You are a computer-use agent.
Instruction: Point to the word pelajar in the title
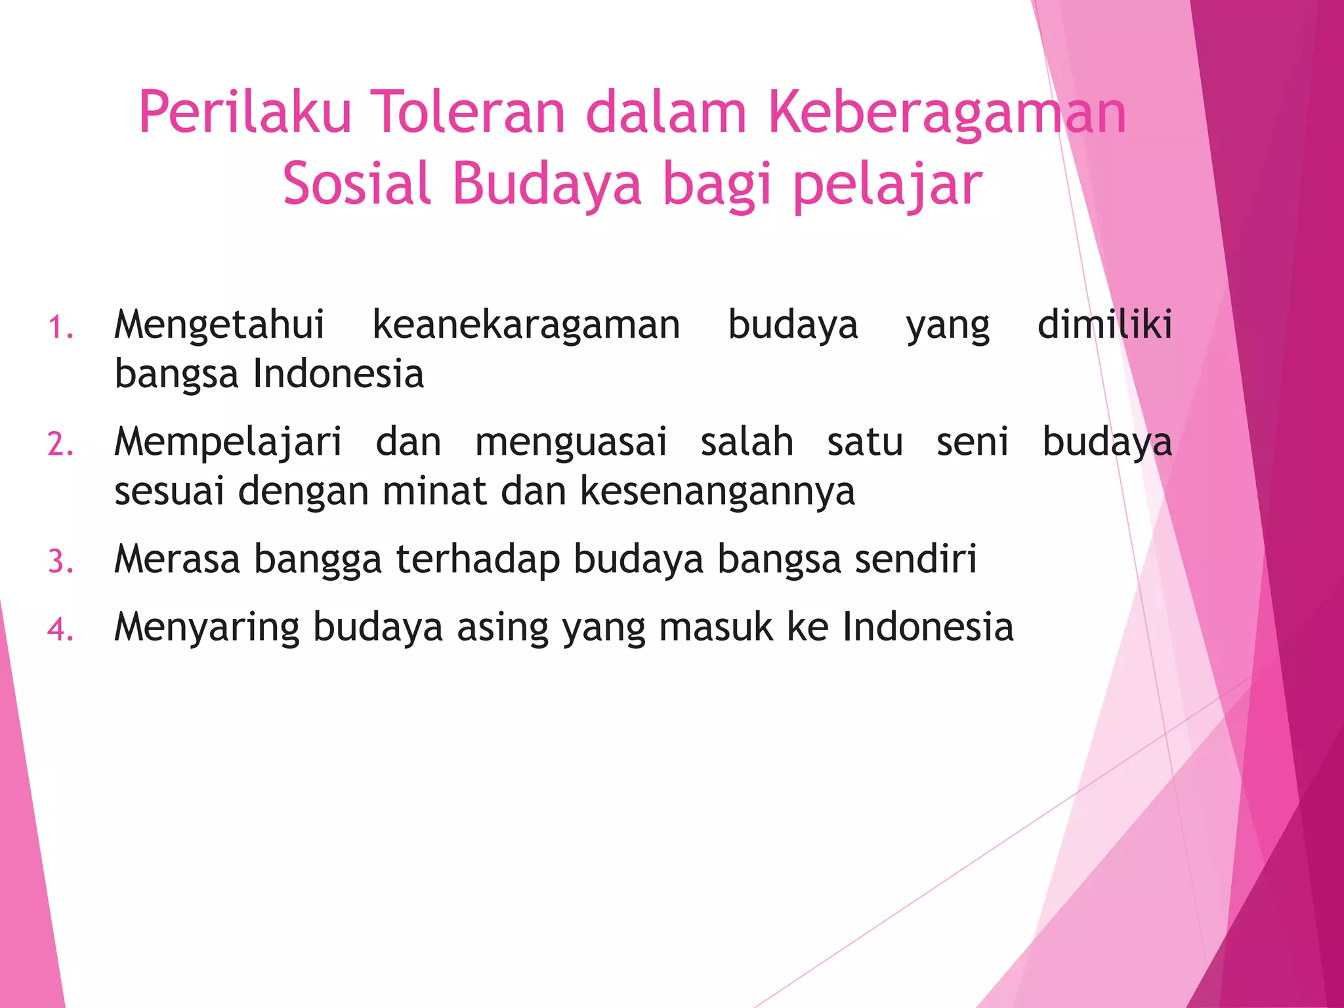coord(887,185)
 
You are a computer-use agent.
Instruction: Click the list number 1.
coord(60,327)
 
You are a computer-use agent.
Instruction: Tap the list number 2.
coord(60,444)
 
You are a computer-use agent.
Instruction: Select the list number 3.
coord(60,562)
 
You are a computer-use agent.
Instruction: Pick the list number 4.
coord(60,629)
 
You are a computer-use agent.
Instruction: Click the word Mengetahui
coord(219,325)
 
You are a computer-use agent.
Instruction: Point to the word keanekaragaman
coord(526,325)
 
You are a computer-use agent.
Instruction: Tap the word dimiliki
coord(1104,324)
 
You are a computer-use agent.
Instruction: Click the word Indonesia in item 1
coord(339,374)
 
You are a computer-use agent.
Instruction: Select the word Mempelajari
coord(228,442)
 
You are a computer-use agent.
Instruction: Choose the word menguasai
coord(571,442)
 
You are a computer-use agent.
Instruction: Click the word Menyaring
coord(207,628)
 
